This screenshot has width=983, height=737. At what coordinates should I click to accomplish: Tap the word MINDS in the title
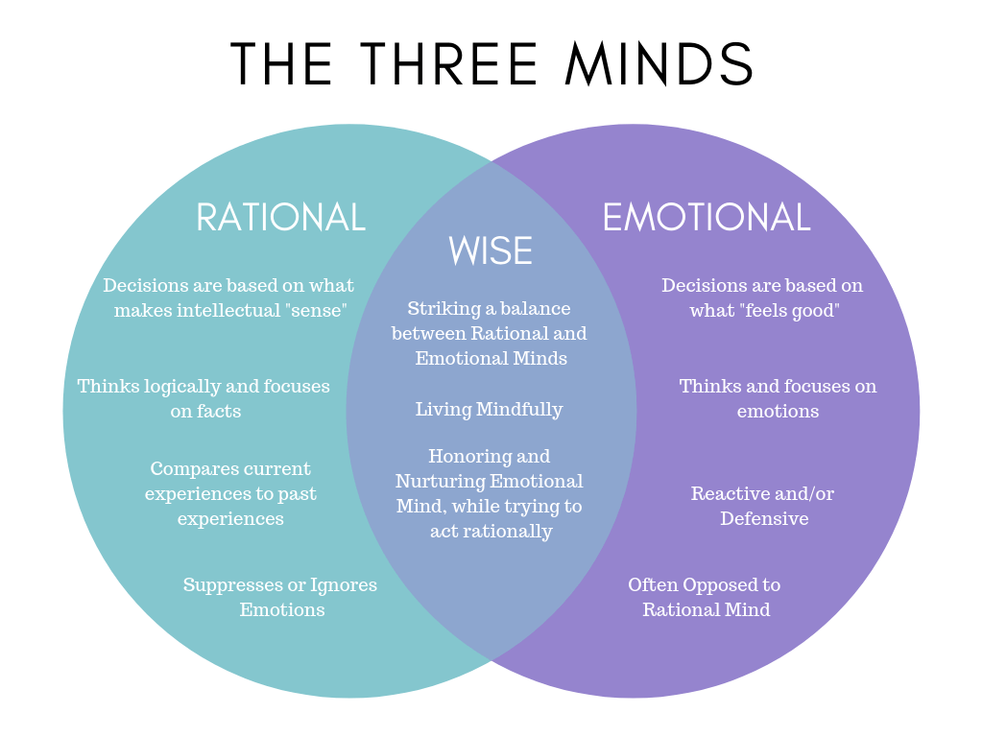click(x=659, y=64)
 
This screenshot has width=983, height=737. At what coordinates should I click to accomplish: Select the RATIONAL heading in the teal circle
click(x=280, y=218)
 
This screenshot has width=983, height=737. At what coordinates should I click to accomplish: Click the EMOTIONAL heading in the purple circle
click(x=706, y=218)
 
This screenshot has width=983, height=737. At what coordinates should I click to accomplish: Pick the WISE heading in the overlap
click(x=491, y=251)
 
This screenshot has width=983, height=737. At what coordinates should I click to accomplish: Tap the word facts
click(x=220, y=411)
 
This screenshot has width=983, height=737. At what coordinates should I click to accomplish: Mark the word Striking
click(x=443, y=309)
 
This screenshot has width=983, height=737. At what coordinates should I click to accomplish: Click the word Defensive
click(x=764, y=519)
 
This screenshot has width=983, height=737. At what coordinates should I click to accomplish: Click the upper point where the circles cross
click(x=491, y=162)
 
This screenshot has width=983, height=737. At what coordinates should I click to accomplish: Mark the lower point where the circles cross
click(x=491, y=659)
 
